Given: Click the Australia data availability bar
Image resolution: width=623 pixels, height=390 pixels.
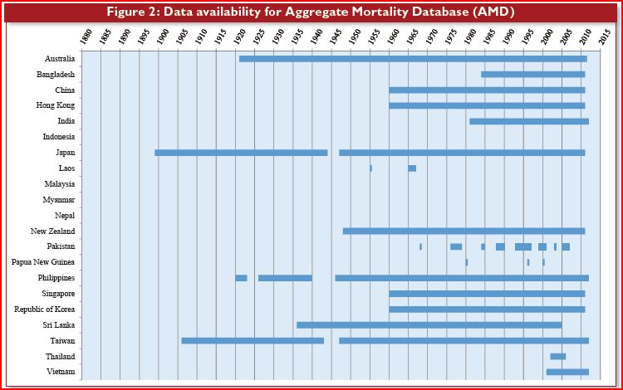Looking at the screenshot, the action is click(413, 59).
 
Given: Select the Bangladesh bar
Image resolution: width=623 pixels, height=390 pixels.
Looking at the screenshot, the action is click(532, 74).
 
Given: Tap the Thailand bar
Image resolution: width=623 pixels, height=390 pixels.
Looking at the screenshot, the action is click(558, 356).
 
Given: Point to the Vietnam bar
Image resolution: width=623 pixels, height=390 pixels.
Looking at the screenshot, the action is click(567, 372).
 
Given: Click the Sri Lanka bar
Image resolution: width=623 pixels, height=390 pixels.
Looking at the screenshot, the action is click(429, 325).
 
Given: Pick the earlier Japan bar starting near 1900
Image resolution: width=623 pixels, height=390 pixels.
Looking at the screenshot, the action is click(241, 153).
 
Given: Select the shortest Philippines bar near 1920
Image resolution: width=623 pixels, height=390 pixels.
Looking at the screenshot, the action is click(241, 278).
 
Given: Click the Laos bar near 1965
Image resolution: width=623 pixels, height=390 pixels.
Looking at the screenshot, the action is click(412, 168).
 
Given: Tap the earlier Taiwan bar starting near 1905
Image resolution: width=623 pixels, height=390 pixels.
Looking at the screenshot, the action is click(253, 340).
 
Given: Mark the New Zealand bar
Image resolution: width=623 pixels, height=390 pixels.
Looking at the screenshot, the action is click(464, 231).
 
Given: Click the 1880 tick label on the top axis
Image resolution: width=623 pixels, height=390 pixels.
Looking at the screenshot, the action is click(86, 37).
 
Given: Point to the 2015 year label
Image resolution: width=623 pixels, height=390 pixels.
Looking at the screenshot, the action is click(605, 37).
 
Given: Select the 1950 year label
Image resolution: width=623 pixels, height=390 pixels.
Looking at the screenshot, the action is click(355, 37).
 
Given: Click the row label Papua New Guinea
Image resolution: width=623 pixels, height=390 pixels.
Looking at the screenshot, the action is click(43, 262).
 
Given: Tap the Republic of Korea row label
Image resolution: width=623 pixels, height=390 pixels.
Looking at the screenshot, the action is click(45, 309).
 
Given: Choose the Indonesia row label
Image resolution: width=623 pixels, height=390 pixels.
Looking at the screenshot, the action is click(59, 136).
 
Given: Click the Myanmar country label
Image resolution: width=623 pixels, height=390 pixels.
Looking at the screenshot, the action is click(59, 199).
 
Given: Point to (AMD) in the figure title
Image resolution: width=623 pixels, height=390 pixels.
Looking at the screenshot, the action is click(493, 12).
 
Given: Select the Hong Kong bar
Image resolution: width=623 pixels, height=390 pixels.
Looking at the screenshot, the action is click(487, 105).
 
